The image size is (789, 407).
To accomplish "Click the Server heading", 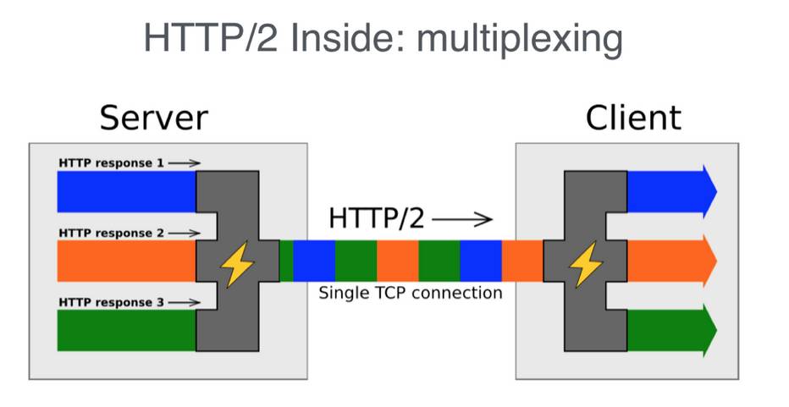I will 153,118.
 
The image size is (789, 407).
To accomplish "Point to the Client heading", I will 633,118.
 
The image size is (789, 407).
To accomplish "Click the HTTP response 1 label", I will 111,162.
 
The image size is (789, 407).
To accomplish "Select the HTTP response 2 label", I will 111,233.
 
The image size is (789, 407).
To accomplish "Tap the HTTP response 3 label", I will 111,302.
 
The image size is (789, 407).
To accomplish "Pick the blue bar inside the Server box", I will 126,191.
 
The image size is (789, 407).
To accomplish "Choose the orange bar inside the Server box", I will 126,261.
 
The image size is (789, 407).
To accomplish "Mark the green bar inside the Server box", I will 126,330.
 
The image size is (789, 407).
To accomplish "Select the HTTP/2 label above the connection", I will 377,219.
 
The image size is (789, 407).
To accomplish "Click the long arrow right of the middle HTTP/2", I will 462,220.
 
